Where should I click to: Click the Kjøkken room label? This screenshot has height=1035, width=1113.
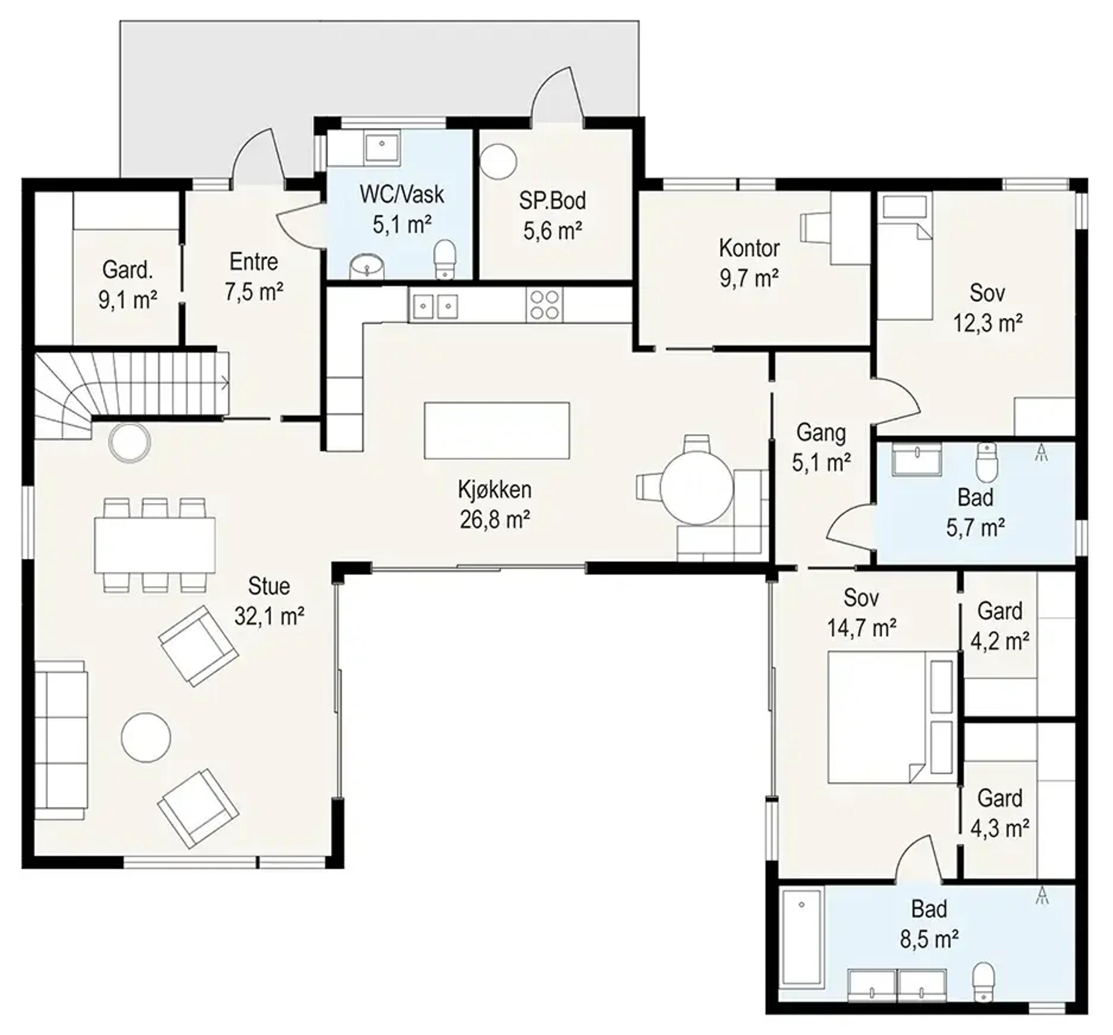click(x=494, y=489)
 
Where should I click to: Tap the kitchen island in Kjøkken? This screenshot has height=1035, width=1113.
click(x=497, y=430)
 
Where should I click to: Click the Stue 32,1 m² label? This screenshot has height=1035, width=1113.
click(x=269, y=601)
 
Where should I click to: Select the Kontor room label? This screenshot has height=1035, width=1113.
click(x=749, y=248)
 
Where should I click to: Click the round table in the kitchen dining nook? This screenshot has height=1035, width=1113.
click(x=696, y=487)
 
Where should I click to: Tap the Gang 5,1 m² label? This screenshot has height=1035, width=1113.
click(x=821, y=448)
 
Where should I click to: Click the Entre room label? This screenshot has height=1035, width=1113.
click(x=254, y=262)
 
